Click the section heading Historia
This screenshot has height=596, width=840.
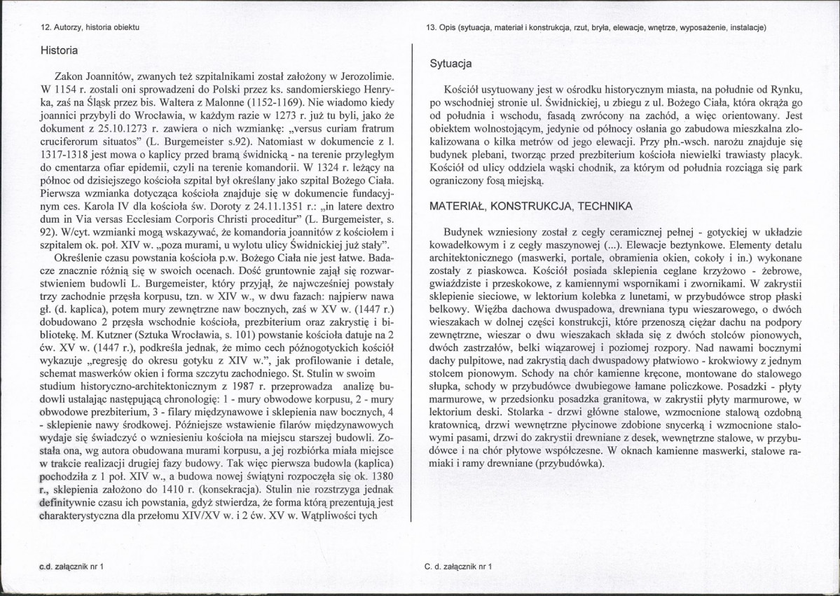point(59,51)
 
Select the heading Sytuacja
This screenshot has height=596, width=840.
point(451,64)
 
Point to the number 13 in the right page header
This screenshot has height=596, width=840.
point(430,27)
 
